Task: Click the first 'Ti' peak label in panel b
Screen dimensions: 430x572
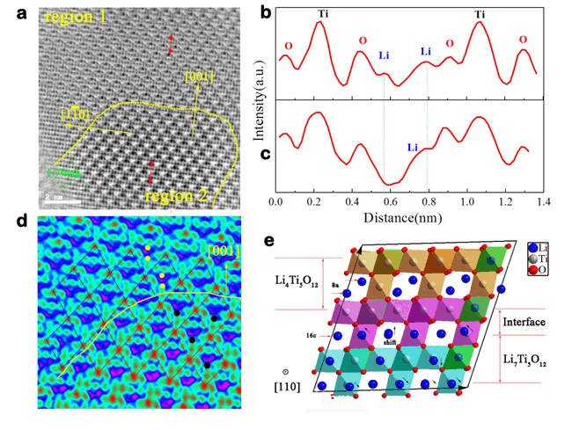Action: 321,13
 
